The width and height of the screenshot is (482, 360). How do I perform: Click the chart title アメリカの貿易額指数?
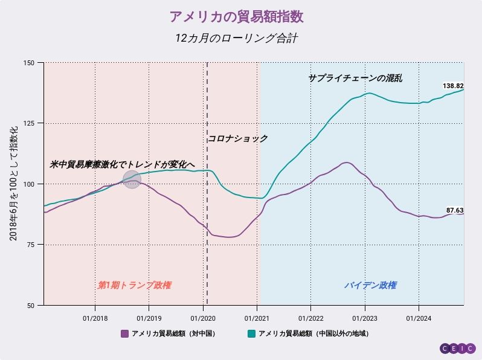pyautogui.click(x=241, y=16)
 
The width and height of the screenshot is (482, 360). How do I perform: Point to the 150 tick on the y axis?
pyautogui.click(x=29, y=63)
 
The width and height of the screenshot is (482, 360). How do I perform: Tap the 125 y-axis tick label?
pyautogui.click(x=29, y=123)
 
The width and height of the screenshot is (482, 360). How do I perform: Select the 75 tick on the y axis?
pyautogui.click(x=31, y=245)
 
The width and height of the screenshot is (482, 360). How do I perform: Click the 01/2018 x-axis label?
pyautogui.click(x=95, y=318)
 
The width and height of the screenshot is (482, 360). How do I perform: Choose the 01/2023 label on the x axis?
pyautogui.click(x=364, y=318)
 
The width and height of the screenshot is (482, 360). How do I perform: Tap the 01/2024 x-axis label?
pyautogui.click(x=419, y=318)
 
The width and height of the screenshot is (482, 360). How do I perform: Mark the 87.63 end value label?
pyautogui.click(x=455, y=210)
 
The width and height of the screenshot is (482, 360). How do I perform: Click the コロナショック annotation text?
pyautogui.click(x=238, y=139)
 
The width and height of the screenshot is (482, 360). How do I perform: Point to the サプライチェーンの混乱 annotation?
pyautogui.click(x=355, y=79)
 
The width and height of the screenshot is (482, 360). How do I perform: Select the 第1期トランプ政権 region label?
pyautogui.click(x=138, y=285)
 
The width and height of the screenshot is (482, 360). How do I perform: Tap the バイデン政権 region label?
pyautogui.click(x=370, y=285)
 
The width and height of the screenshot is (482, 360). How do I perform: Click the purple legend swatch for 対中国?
pyautogui.click(x=125, y=333)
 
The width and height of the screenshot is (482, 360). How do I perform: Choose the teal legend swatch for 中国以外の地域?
pyautogui.click(x=251, y=333)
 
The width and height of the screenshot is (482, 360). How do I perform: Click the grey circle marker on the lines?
pyautogui.click(x=132, y=179)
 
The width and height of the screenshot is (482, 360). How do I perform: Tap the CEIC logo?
pyautogui.click(x=457, y=349)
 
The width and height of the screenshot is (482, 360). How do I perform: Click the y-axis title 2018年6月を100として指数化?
pyautogui.click(x=13, y=184)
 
